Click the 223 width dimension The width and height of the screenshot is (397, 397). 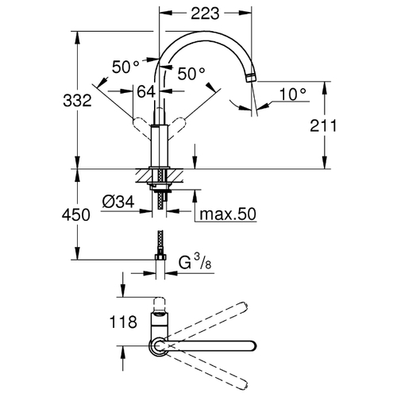[x=205, y=13]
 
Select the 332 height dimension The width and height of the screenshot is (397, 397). [x=77, y=101]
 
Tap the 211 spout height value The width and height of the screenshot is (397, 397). [x=323, y=125]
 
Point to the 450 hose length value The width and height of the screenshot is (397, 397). [x=76, y=215]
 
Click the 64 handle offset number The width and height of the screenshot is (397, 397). [x=146, y=92]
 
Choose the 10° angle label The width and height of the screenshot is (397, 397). [x=293, y=94]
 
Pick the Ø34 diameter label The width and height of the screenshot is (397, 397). [x=118, y=202]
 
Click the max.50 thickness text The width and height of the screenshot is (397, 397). [x=228, y=214]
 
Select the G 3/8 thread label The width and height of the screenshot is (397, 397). [x=195, y=262]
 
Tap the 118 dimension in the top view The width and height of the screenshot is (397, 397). [x=123, y=322]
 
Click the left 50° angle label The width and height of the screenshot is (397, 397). [x=125, y=67]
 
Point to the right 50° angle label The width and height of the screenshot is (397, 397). [x=191, y=74]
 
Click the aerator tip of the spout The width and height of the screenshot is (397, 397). [x=250, y=78]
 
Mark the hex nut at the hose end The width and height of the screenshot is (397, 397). [x=160, y=257]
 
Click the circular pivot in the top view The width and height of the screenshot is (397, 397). [x=159, y=346]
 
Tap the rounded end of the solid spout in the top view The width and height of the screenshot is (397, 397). [x=252, y=346]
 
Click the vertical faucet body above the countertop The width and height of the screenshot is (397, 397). [x=160, y=146]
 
